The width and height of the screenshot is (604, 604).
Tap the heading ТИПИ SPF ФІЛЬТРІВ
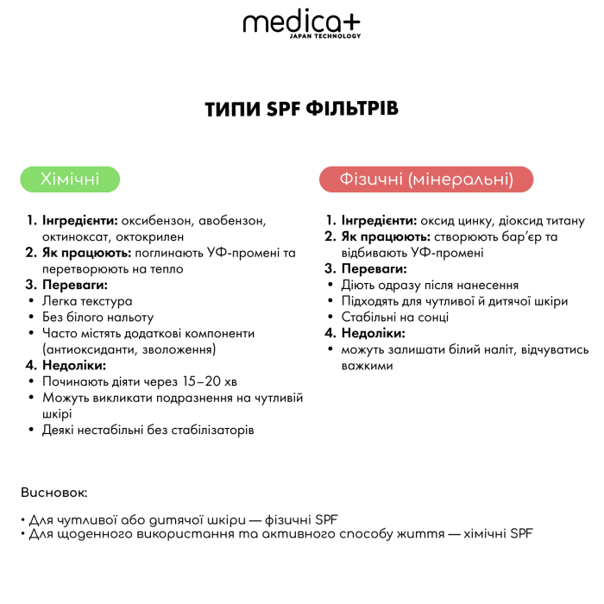click(x=302, y=110)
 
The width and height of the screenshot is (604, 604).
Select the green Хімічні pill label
click(x=70, y=179)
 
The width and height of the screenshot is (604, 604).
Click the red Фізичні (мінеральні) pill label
click(x=426, y=179)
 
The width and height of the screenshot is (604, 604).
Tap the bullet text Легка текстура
click(x=87, y=301)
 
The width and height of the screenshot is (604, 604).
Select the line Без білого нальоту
click(x=98, y=318)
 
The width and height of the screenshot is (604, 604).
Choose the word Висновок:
click(x=54, y=493)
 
